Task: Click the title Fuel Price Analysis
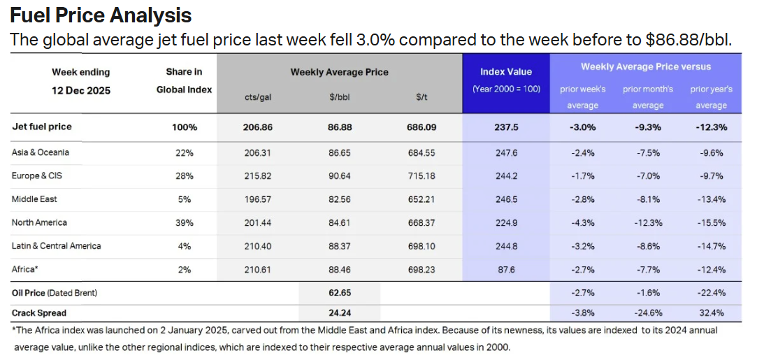[101, 15]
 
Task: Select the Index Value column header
[505, 71]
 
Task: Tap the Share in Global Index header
[184, 80]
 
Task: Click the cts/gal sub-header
[260, 97]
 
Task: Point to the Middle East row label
[34, 199]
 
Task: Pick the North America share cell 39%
[184, 222]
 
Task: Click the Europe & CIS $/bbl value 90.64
[339, 175]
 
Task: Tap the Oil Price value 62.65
[339, 292]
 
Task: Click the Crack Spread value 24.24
[339, 313]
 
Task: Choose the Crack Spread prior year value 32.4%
[710, 313]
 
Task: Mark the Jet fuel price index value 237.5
[505, 127]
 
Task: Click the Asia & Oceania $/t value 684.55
[421, 152]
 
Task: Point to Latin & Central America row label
[56, 246]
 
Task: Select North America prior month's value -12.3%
[647, 222]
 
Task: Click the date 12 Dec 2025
[80, 90]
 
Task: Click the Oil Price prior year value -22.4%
[710, 292]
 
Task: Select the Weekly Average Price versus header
[646, 66]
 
